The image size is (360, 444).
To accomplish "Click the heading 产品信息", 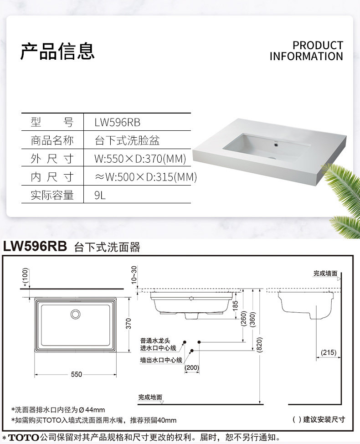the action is pos(57,51).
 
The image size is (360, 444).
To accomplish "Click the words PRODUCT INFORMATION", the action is pos(306,51).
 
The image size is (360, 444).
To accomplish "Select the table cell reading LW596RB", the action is pos(117,122).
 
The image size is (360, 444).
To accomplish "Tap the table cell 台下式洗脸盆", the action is pos(127,140).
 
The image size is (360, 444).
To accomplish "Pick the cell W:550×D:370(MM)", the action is pos(140,159).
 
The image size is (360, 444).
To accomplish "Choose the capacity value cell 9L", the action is pos(100,195).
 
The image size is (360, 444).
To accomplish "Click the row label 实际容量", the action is pos(52,195).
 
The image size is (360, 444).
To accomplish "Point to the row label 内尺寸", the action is pos(52,177).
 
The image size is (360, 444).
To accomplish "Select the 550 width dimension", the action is pos(77,374).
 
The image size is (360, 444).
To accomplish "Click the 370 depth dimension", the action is pos(129,324).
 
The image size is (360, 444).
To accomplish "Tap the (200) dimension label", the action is pos(191,368).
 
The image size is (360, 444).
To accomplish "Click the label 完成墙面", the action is pos(325,274).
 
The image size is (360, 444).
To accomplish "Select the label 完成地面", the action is pos(150,398).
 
